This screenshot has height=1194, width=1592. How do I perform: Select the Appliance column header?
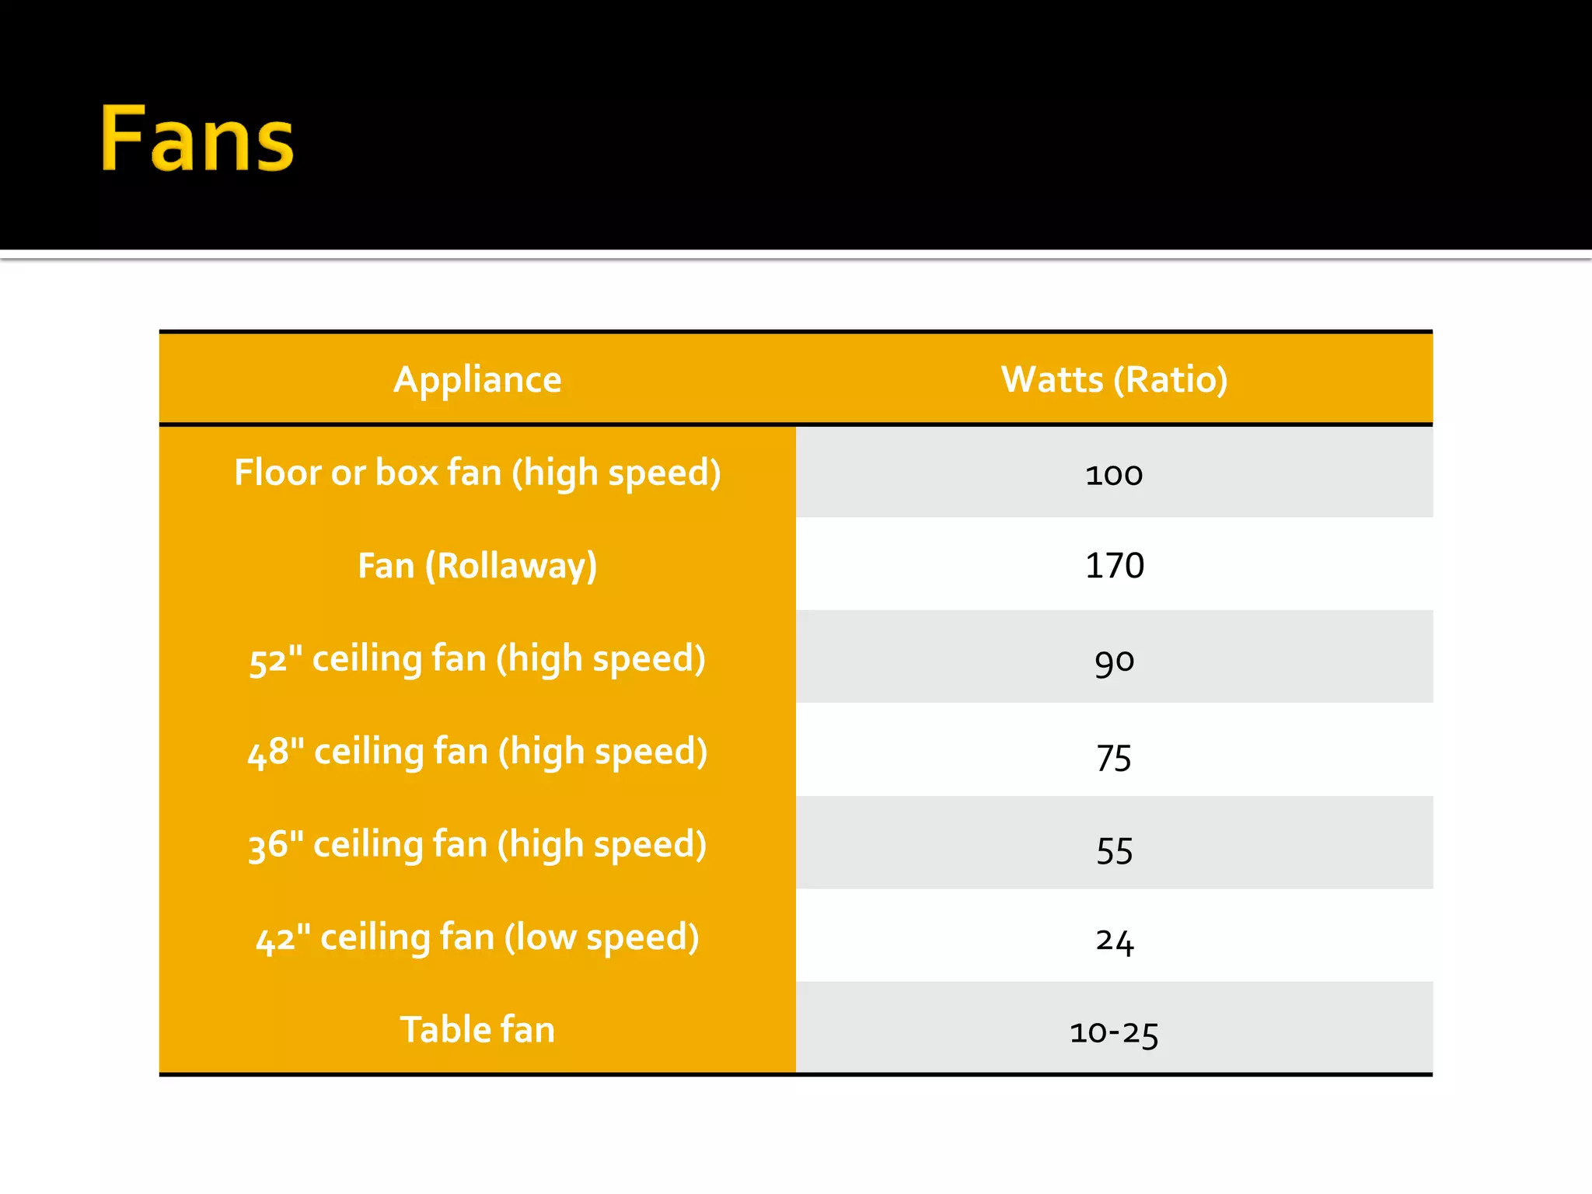(x=477, y=379)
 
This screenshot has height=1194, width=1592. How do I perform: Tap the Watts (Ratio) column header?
(x=1114, y=379)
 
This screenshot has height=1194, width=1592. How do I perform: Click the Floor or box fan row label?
(x=477, y=473)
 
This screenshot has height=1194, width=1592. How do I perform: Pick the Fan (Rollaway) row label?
(x=477, y=566)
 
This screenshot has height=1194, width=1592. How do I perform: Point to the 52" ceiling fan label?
(x=477, y=659)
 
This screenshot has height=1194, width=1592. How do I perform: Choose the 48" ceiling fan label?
(x=477, y=752)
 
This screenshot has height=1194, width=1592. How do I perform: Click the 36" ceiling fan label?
(x=477, y=845)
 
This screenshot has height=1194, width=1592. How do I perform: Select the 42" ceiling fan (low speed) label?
(x=477, y=937)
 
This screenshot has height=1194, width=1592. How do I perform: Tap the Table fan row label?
(x=477, y=1030)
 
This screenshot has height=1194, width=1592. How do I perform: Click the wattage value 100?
(x=1114, y=474)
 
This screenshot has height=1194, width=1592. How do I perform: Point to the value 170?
(x=1114, y=566)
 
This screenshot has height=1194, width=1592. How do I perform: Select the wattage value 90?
(x=1114, y=662)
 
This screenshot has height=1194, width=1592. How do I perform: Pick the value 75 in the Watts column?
(x=1114, y=757)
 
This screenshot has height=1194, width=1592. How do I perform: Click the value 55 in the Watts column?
(x=1114, y=850)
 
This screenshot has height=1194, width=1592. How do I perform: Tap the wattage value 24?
(x=1114, y=941)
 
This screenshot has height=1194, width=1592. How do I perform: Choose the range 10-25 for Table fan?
(x=1114, y=1033)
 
